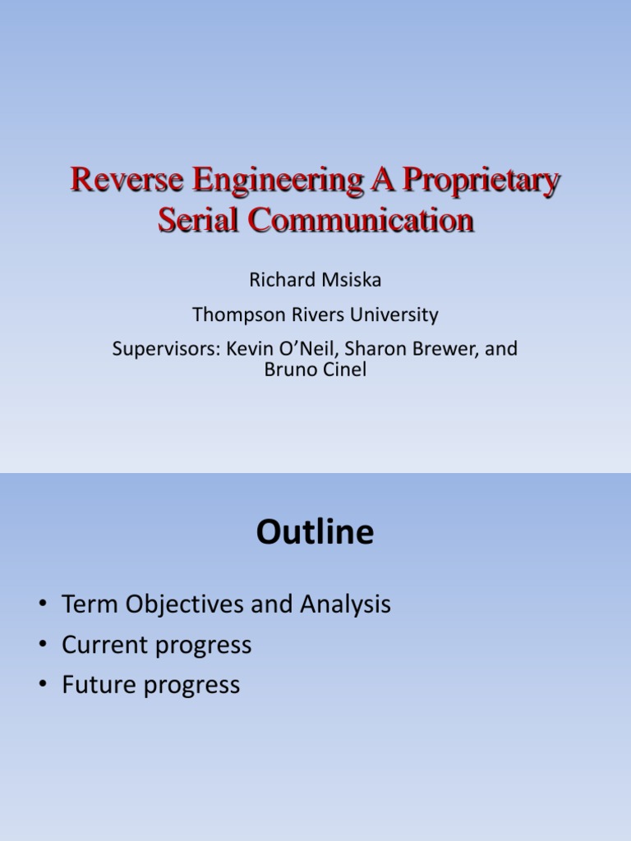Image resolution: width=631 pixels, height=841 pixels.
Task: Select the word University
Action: coord(394,315)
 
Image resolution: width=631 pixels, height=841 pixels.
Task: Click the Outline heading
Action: coord(315,533)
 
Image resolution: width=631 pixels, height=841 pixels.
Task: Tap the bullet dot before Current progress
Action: coord(42,646)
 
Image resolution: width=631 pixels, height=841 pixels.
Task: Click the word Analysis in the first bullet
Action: coord(345,605)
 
